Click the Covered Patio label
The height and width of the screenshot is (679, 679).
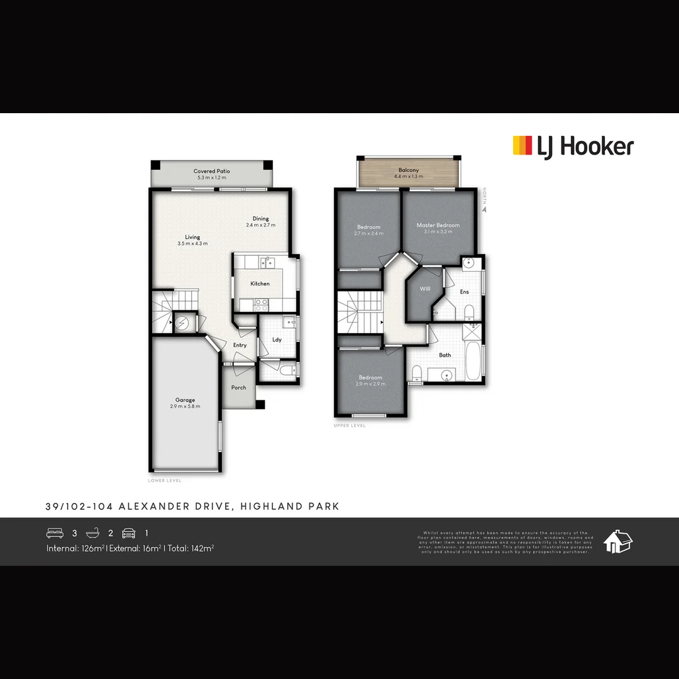coord(212,171)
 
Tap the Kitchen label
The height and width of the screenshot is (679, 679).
coord(260,284)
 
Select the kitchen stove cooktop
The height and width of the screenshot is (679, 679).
coord(261,304)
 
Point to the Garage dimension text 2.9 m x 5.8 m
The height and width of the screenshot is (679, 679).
coord(185,407)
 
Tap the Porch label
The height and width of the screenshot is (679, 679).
coord(239,387)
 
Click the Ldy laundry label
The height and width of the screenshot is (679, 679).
coord(277,339)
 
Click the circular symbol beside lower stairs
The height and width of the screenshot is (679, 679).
coord(182,323)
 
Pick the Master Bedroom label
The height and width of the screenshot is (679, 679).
coord(438,225)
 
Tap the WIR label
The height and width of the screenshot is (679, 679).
coord(425,289)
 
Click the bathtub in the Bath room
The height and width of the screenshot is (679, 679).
coord(473,361)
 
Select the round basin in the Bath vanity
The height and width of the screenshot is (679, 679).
coord(446,375)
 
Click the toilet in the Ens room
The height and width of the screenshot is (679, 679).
coord(468,312)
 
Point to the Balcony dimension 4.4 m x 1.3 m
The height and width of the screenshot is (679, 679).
coord(408,177)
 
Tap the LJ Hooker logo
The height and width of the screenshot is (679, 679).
coord(573,147)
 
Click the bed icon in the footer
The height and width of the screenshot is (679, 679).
coord(55,533)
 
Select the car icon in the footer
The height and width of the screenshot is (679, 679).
coord(128,533)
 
